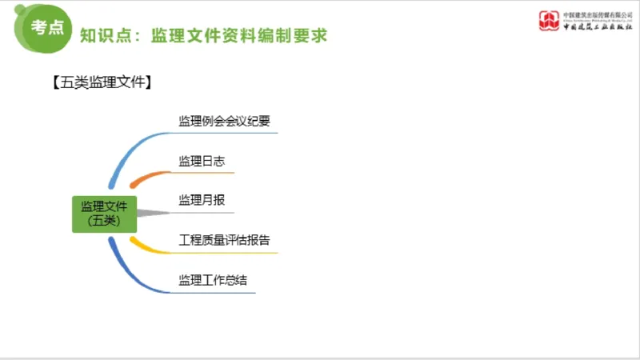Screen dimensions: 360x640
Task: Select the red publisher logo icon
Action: [x=550, y=20]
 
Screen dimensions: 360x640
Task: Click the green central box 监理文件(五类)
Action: [x=104, y=214]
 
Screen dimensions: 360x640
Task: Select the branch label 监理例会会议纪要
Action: [x=225, y=121]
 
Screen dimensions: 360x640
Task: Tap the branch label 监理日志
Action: [x=202, y=161]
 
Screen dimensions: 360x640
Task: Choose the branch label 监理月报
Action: [x=202, y=200]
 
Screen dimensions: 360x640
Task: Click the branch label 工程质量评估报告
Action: [x=225, y=240]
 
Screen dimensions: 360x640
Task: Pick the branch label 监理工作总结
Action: [x=213, y=280]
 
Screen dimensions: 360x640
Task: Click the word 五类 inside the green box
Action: [x=104, y=221]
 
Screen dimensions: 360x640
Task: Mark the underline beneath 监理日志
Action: [x=204, y=173]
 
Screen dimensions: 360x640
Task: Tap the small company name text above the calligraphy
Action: [x=597, y=14]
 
